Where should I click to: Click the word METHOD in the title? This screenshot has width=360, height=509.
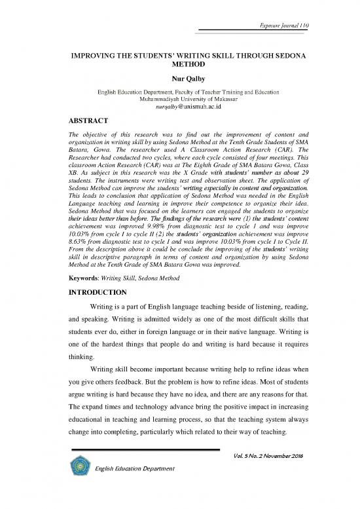[x=179, y=66]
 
